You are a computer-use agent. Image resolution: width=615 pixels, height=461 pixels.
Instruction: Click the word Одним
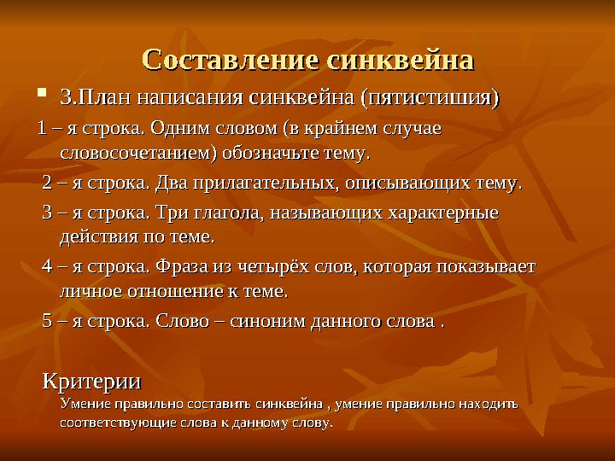coord(176,129)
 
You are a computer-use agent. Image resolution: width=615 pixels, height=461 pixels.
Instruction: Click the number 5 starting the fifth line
coord(48,323)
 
